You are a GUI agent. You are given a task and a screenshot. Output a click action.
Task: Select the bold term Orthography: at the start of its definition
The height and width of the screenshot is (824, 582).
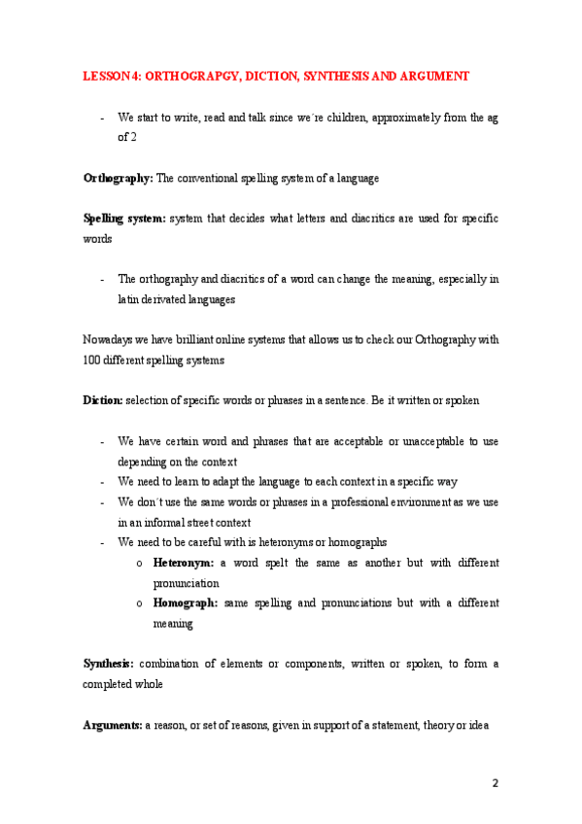point(118,179)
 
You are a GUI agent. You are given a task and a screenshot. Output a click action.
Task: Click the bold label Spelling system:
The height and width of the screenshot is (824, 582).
point(124,219)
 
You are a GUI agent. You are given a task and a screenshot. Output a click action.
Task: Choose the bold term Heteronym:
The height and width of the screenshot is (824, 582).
point(185,563)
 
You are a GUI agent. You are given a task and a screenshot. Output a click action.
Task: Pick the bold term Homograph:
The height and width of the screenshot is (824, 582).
point(187,603)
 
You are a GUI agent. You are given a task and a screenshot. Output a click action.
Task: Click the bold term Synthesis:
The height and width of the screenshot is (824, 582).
point(111,664)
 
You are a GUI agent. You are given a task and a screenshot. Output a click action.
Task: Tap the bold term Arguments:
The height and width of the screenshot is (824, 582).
point(113,725)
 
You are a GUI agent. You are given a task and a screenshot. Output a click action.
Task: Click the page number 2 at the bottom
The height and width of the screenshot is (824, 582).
point(495,783)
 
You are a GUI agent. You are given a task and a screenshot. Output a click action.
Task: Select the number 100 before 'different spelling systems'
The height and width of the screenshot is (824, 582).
point(91,360)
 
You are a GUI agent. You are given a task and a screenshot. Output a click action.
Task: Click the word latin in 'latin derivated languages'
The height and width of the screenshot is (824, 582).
point(130,299)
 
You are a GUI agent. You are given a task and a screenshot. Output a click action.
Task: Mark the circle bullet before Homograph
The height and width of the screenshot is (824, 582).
point(141,603)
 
